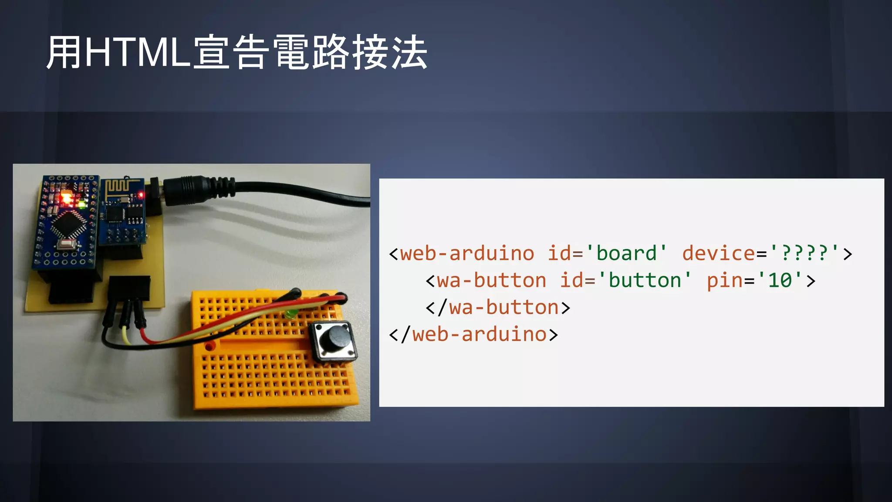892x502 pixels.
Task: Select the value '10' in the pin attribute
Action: click(780, 280)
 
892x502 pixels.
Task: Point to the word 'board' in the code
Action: click(626, 253)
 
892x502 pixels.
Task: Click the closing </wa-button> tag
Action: click(498, 308)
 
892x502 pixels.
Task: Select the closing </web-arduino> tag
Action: click(473, 335)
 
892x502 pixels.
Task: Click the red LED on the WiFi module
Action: click(141, 194)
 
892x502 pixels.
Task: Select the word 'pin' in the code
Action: click(724, 280)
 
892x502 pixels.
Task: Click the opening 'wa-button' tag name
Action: click(492, 280)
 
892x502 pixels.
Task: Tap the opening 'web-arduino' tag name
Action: click(467, 253)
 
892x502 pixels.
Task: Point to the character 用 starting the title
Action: click(64, 53)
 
